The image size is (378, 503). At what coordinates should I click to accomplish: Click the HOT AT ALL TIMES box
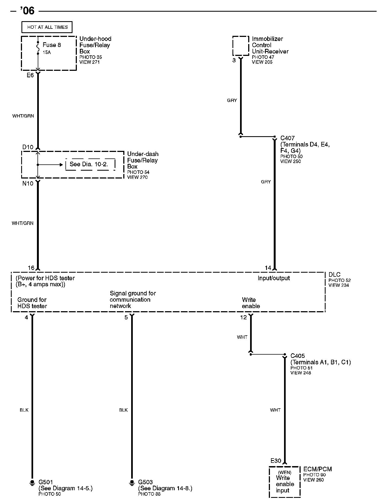(x=47, y=27)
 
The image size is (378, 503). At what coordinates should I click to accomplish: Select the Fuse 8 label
(x=52, y=45)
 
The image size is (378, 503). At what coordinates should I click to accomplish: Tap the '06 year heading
(x=27, y=11)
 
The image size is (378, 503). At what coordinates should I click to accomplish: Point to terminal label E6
(x=30, y=75)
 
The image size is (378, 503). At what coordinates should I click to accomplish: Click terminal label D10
(x=28, y=147)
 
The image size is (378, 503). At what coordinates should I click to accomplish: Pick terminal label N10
(x=28, y=183)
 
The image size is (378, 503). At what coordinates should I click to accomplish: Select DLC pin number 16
(x=31, y=268)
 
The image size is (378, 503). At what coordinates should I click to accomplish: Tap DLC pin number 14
(x=268, y=268)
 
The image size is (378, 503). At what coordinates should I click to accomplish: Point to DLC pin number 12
(x=244, y=317)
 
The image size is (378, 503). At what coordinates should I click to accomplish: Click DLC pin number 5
(x=126, y=317)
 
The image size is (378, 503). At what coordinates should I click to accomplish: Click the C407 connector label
(x=287, y=138)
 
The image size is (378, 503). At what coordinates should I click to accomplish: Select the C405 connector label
(x=298, y=356)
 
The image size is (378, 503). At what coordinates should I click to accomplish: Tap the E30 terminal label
(x=276, y=461)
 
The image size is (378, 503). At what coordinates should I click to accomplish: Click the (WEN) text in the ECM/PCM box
(x=285, y=472)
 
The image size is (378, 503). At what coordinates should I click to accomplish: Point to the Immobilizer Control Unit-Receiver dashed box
(x=241, y=46)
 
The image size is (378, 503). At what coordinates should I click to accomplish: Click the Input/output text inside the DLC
(x=273, y=278)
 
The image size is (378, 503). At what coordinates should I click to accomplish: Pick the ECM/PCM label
(x=317, y=469)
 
